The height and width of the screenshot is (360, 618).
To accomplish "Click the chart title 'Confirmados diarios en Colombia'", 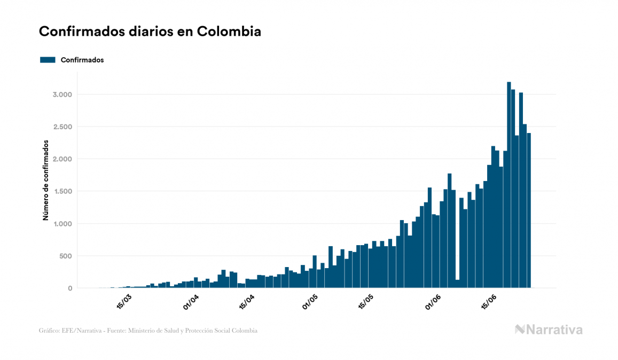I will tap(150, 32).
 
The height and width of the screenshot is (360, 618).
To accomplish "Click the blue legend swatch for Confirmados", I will tap(48, 60).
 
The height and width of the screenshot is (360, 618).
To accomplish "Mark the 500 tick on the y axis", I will tap(65, 256).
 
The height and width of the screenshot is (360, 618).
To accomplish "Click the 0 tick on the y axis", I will tap(69, 288).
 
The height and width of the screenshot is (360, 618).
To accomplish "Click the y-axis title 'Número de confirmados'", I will tap(46, 181).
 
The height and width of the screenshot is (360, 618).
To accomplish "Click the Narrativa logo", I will tap(549, 330).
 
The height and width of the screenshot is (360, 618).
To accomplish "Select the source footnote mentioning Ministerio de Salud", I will tap(148, 331).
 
